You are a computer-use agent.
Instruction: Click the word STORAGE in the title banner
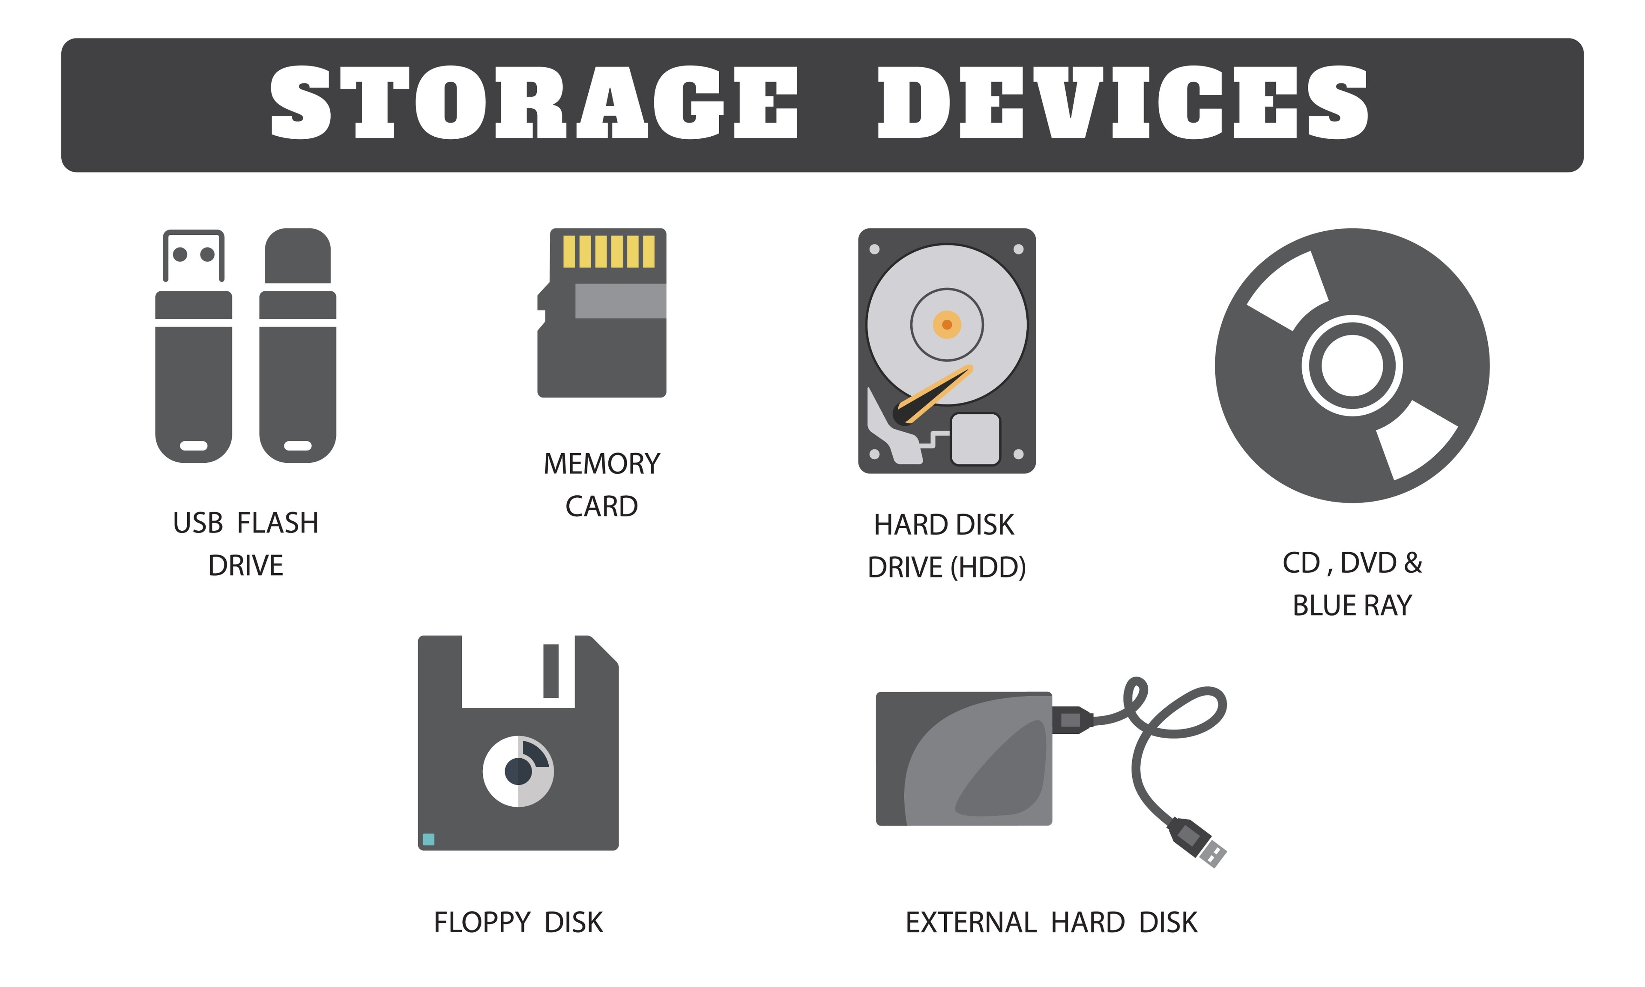pos(533,103)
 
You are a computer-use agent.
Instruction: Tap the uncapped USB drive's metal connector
pos(194,255)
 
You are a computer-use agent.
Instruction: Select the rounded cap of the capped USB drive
pos(297,256)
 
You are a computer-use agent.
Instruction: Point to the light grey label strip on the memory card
pos(620,301)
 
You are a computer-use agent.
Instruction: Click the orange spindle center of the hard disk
pos(946,325)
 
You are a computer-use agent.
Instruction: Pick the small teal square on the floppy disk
pos(428,839)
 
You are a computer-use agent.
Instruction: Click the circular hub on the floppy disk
pos(518,771)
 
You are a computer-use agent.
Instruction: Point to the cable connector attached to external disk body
pos(1071,720)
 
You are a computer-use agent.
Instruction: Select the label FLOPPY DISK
pos(518,922)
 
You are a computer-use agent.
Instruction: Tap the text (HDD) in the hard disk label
pos(987,567)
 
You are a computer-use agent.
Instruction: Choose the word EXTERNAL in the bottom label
pos(970,922)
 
